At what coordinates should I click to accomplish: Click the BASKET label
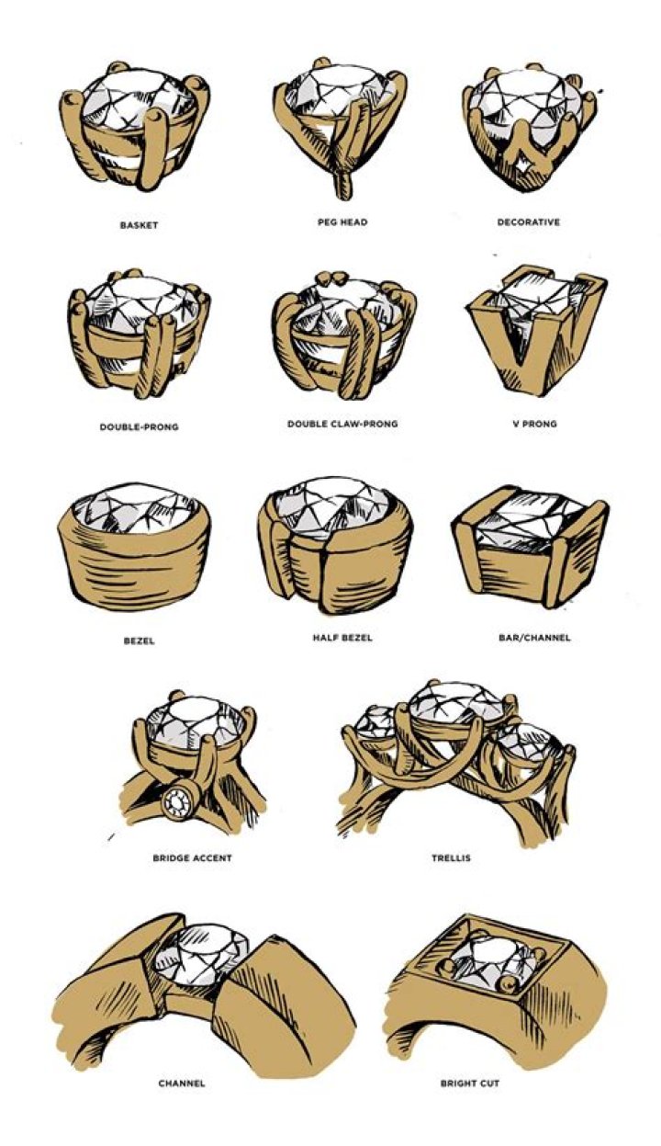pyautogui.click(x=139, y=225)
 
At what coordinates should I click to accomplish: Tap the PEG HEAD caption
pyautogui.click(x=342, y=222)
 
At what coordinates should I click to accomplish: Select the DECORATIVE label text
pyautogui.click(x=528, y=222)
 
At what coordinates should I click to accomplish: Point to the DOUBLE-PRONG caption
pyautogui.click(x=139, y=426)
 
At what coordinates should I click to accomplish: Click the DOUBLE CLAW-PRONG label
pyautogui.click(x=342, y=425)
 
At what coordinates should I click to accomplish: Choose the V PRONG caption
pyautogui.click(x=534, y=424)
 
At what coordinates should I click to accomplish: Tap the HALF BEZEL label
pyautogui.click(x=342, y=638)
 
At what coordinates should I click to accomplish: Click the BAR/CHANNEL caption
pyautogui.click(x=534, y=638)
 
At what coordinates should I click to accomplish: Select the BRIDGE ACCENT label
pyautogui.click(x=192, y=857)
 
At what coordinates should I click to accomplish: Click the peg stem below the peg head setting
pyautogui.click(x=343, y=185)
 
